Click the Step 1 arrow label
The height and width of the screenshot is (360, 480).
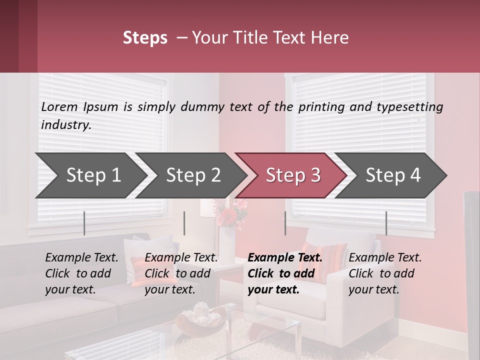coord(93,175)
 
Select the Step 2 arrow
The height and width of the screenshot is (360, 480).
coord(193,175)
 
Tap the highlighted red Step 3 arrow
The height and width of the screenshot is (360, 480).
coord(293,175)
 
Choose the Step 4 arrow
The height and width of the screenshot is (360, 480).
coord(393,175)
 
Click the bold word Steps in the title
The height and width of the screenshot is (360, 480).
coord(145,38)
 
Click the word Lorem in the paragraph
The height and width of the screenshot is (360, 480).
coord(59,106)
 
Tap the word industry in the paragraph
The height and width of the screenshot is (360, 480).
coord(65,124)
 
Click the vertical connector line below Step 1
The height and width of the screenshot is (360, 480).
coord(84,223)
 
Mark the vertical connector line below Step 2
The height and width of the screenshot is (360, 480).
coord(184,223)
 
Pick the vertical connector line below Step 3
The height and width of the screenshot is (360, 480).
coord(285,223)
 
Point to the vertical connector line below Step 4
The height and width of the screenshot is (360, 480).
coord(386,223)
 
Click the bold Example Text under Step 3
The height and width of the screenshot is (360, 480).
coord(285,258)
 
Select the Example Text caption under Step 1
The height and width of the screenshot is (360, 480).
coord(81,258)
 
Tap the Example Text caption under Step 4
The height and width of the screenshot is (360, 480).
coord(385,258)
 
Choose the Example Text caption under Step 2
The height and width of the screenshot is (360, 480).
coord(181,258)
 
